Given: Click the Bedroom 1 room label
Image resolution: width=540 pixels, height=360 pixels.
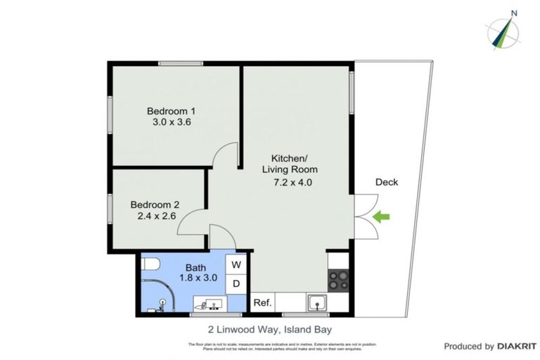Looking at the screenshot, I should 171,110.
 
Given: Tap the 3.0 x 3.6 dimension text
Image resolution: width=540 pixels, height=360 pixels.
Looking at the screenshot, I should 172,122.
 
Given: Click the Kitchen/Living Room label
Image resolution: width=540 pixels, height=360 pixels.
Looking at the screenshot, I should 290,164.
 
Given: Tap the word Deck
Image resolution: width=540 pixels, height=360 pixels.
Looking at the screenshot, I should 386,182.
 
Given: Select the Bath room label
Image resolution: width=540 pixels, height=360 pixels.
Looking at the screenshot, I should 195,267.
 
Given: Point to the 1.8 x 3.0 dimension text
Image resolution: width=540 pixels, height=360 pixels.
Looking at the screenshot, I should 196,278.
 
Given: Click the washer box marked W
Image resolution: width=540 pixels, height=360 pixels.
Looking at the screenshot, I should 236,265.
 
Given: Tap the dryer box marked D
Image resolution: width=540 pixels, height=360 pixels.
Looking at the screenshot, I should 236,283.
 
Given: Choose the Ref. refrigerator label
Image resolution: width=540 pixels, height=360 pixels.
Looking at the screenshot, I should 262,303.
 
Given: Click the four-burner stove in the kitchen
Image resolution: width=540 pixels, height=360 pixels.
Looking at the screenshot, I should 338,280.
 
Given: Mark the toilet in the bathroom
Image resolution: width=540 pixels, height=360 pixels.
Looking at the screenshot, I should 148,265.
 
